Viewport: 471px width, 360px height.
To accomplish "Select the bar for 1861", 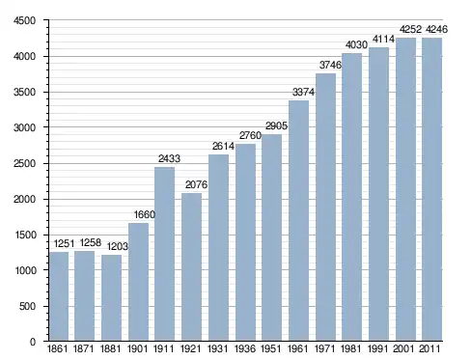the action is [59, 296].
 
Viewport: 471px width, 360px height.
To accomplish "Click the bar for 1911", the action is [164, 254].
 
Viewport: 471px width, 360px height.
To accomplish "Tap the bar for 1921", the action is [191, 267].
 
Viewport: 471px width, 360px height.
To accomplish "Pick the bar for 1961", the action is [298, 221].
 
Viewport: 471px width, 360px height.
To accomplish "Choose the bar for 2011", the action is [431, 189].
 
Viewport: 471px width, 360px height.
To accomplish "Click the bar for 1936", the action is [245, 242].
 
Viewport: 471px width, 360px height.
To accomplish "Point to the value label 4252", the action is [410, 29].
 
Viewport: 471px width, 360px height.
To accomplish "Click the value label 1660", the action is [145, 214].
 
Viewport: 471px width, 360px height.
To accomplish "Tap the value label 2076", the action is [196, 184].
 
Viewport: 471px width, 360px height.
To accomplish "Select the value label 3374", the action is [303, 92].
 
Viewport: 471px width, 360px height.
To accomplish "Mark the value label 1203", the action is [118, 246].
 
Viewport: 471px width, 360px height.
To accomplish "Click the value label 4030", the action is [356, 44].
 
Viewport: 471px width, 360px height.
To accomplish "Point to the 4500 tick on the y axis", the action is [24, 20].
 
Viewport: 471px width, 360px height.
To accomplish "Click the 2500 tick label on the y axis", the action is [24, 163].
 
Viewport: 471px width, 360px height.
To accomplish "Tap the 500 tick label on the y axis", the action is [27, 306].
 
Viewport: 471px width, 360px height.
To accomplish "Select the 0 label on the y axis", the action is [33, 342].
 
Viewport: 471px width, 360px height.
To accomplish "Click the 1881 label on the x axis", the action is [110, 348].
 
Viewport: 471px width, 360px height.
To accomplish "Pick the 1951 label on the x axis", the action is [271, 348].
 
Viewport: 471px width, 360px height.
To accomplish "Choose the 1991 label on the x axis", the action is [378, 348].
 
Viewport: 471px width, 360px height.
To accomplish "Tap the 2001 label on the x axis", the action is [403, 348].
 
